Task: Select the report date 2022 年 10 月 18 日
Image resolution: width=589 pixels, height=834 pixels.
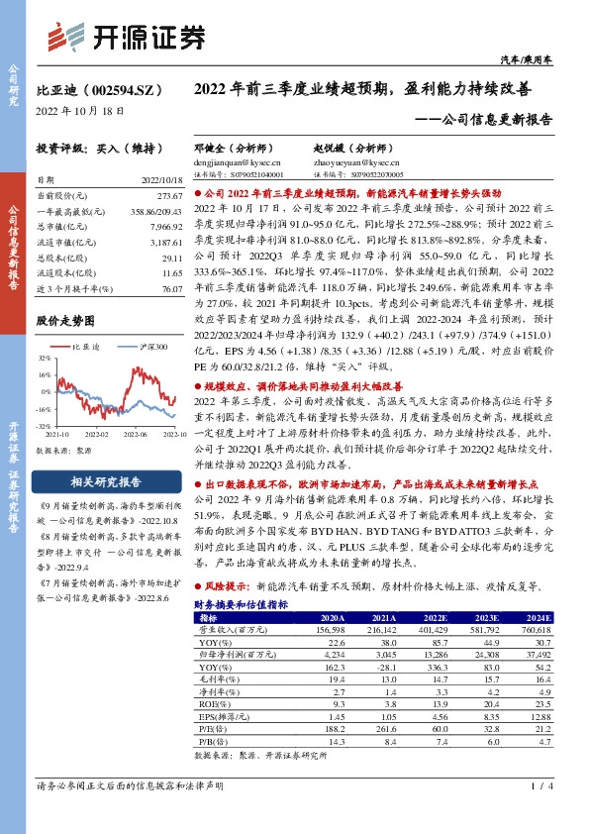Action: point(80,111)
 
